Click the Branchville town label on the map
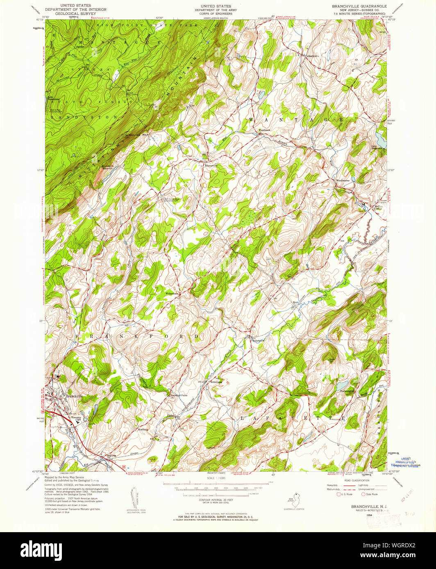74,396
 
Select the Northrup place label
143,429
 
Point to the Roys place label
295,303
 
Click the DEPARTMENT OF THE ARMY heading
213,10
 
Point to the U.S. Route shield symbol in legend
338,494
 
